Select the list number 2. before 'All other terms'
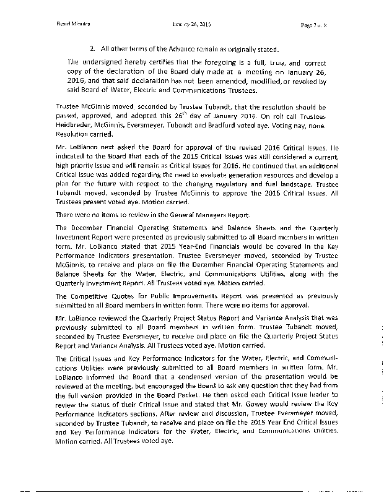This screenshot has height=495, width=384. coord(92,49)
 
